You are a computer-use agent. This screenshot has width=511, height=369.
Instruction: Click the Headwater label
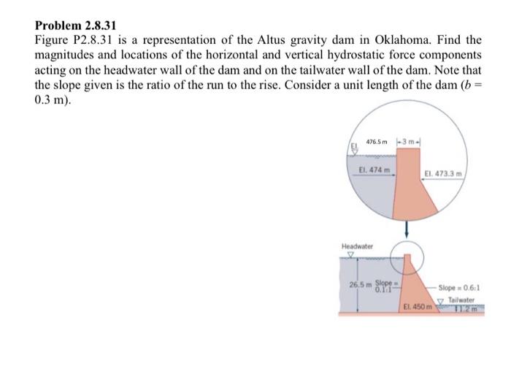point(357,246)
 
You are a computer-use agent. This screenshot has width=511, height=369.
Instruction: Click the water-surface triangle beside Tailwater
point(442,300)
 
